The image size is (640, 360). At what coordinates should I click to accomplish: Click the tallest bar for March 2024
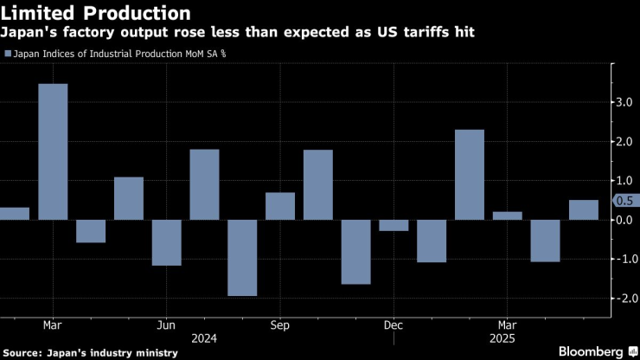tap(53, 151)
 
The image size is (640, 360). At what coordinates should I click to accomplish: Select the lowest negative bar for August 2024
tap(242, 257)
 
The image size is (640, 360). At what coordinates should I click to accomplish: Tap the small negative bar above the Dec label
tap(394, 225)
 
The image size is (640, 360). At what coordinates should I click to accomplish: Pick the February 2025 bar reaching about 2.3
tap(469, 174)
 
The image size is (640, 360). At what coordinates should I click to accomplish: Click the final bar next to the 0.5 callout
tap(583, 209)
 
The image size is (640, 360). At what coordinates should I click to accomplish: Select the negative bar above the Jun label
tap(167, 242)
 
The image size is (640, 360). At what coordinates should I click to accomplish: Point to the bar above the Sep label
tap(280, 206)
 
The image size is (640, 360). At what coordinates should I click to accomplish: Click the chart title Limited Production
tap(97, 13)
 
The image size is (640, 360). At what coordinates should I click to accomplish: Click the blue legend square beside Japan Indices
tap(9, 54)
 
